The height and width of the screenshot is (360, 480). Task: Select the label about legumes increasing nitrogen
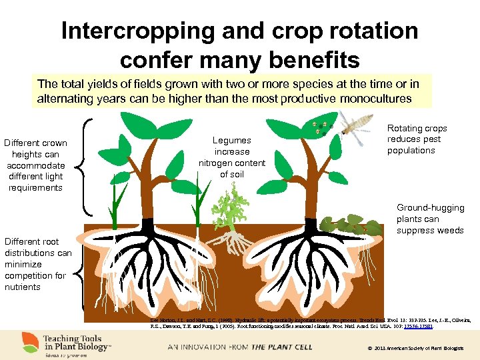[232, 157]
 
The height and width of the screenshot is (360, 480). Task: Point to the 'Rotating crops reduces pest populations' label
[417, 139]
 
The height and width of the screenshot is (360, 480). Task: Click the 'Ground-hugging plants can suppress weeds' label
[430, 219]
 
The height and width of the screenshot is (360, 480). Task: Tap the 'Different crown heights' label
[35, 165]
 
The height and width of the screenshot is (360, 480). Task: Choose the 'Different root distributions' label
[37, 264]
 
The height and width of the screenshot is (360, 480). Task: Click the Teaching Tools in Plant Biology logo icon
[31, 343]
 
